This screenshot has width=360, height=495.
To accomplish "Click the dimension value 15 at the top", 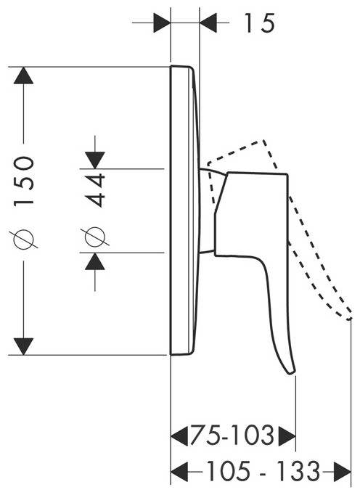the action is coord(259,23).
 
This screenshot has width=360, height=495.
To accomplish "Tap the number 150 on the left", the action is coord(24,181).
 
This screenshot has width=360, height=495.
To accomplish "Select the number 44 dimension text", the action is coord(95,189).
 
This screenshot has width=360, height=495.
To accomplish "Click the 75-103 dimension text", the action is coord(232,436).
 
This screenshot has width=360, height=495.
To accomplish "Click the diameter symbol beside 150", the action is coord(24,239).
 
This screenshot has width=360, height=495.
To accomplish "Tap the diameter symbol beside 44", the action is coord(95,237).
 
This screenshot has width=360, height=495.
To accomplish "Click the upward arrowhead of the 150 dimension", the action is coord(24,75).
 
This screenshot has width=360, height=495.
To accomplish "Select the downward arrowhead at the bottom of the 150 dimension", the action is coord(24,347).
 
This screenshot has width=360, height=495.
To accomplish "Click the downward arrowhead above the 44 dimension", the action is coord(95,160).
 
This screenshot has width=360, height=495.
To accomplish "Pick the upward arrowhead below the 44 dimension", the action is coord(95,261).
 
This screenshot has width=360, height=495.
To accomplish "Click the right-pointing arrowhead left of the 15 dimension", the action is coord(162,22).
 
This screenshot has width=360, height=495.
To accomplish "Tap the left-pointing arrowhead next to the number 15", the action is coord(208,22).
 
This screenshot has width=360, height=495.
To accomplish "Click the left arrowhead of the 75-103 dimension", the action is coord(179,436).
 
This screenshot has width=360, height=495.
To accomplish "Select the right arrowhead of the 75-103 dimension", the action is coord(287,436).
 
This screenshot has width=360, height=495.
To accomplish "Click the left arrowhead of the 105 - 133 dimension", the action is coord(179,472).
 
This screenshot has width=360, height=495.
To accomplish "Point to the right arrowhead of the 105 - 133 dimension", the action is coord(343,472).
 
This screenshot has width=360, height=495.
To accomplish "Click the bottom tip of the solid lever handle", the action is coord(292,374).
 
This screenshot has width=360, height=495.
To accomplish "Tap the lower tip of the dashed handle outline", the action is coord(349,319).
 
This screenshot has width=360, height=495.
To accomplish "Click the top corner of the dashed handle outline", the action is coord(263,140).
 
